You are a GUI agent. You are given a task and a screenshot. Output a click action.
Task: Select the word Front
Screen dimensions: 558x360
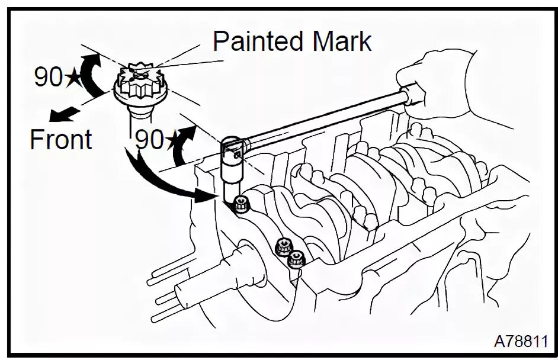[x=61, y=140]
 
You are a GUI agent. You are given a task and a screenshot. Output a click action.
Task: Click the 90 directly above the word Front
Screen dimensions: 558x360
[x=48, y=78]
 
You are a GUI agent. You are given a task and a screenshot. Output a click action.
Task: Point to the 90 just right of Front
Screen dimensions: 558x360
[x=149, y=140]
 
